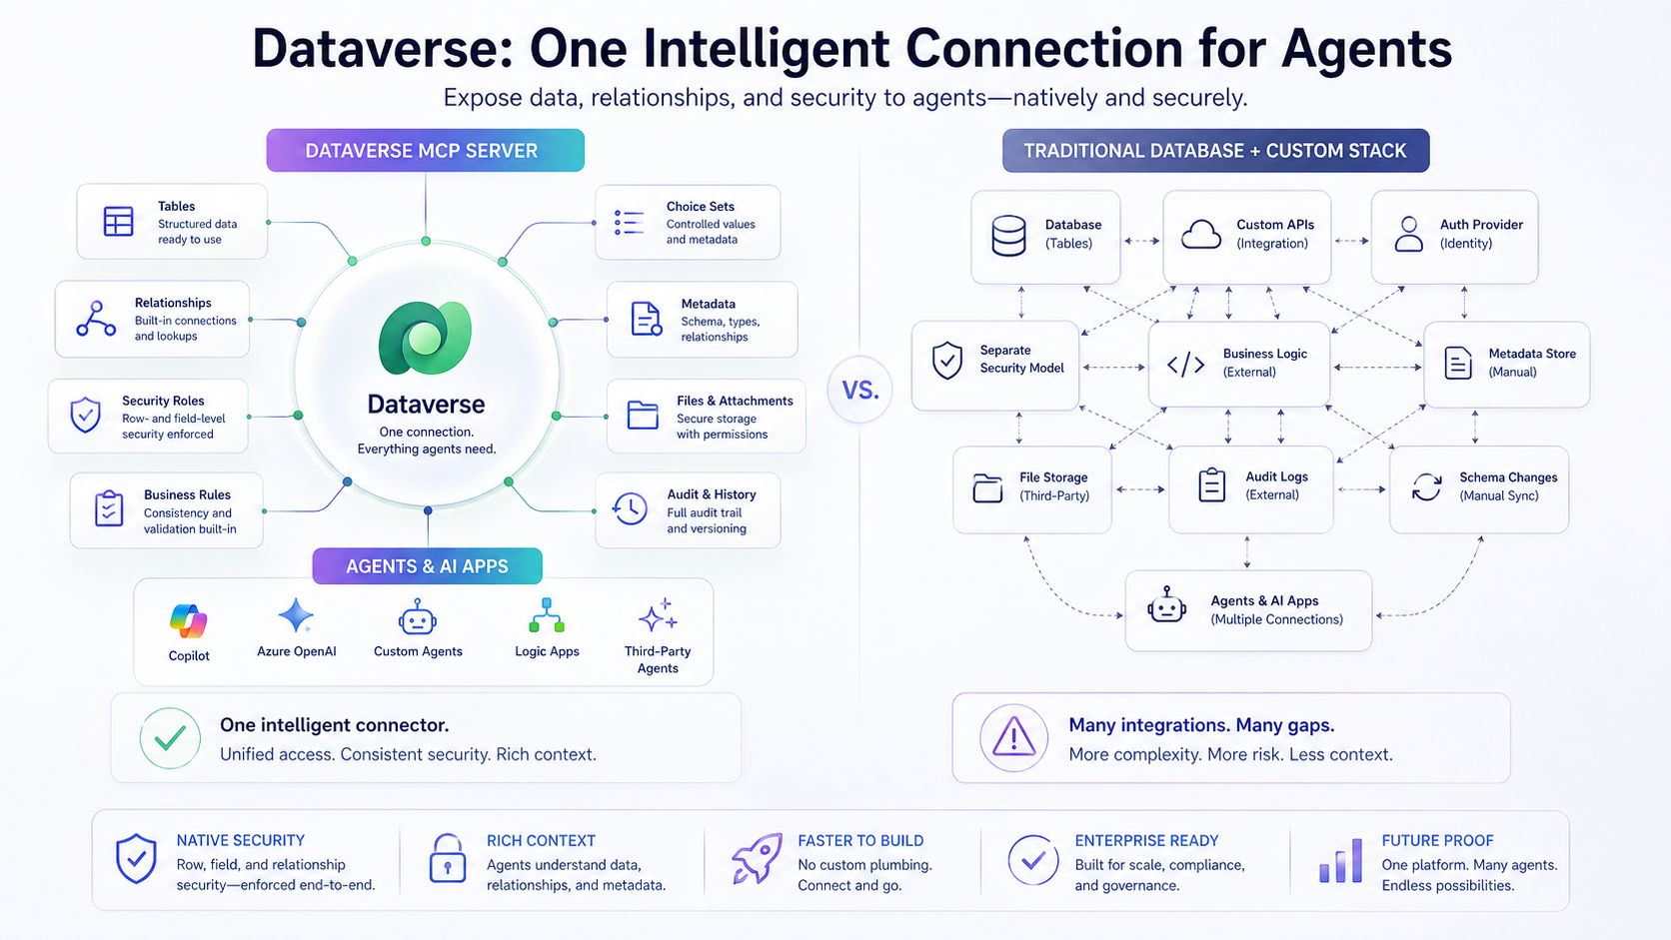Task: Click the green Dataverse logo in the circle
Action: [425, 338]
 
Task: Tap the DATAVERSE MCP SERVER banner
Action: [425, 151]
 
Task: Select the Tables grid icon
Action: [118, 221]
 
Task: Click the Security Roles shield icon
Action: [86, 415]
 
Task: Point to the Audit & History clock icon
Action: [630, 509]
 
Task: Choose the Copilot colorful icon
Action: [188, 621]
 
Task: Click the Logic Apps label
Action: [547, 651]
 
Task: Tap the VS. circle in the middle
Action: [859, 390]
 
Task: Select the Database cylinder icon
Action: [1008, 236]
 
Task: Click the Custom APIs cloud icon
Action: [1200, 235]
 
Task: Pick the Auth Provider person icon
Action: [1408, 234]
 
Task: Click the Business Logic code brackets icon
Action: [1185, 365]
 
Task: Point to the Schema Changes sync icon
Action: [1426, 486]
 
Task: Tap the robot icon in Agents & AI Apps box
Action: [1166, 605]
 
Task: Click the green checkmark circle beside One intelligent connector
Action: [170, 738]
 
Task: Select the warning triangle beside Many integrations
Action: [1013, 738]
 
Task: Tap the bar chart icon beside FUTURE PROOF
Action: [1341, 860]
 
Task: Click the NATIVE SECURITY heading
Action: [240, 841]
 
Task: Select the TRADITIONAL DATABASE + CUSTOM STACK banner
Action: [1215, 151]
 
